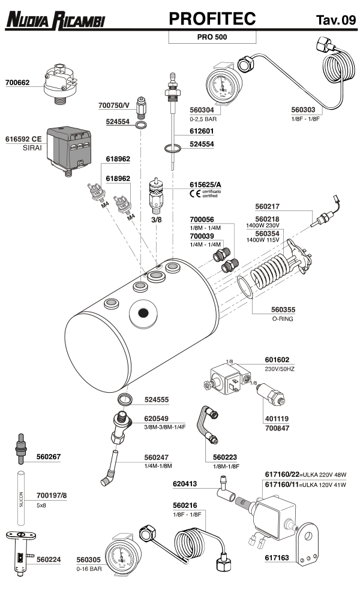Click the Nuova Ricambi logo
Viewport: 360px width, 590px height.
click(x=55, y=20)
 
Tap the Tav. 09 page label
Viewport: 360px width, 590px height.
click(x=335, y=20)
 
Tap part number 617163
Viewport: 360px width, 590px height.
click(x=277, y=558)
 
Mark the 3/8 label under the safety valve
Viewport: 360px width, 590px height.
click(x=156, y=220)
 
